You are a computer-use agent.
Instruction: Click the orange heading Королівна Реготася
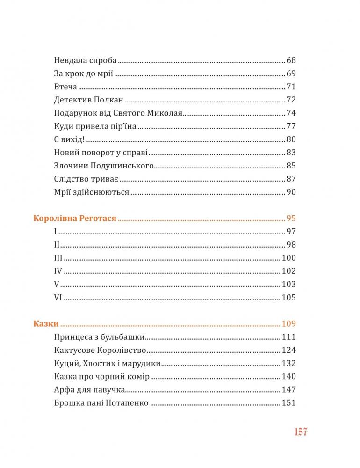(x=75, y=219)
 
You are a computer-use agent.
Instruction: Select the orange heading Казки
(x=46, y=324)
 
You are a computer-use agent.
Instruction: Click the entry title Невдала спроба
(x=85, y=60)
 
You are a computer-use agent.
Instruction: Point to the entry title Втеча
(x=65, y=87)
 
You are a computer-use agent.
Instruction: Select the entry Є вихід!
(x=70, y=139)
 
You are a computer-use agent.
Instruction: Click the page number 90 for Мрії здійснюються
(x=291, y=192)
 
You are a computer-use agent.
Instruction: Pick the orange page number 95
(x=291, y=219)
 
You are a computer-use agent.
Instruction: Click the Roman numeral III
(x=58, y=258)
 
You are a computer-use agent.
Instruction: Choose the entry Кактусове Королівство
(x=101, y=350)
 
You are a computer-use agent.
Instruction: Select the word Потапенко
(x=128, y=403)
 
